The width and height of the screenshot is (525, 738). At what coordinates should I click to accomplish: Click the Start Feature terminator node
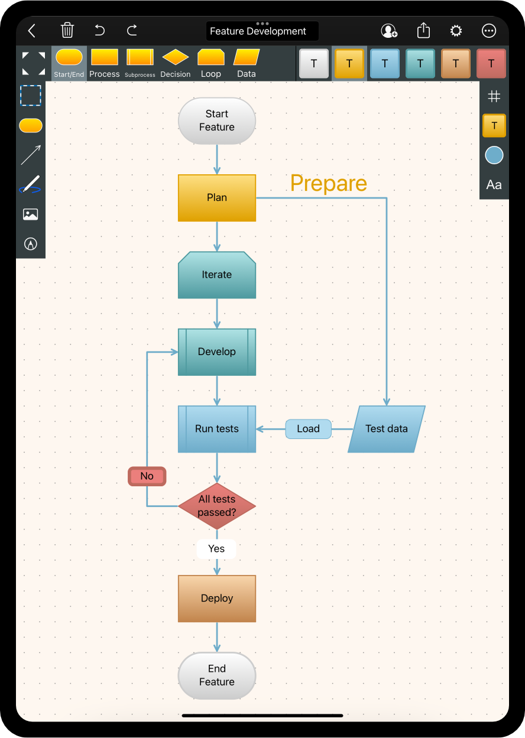(x=217, y=121)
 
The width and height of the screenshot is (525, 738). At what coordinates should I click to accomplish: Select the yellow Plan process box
(x=217, y=198)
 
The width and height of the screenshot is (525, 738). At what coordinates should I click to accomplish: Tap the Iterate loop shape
(x=217, y=275)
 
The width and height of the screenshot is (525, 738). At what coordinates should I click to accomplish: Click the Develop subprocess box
(x=217, y=352)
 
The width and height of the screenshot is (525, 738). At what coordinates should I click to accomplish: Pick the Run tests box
(x=217, y=429)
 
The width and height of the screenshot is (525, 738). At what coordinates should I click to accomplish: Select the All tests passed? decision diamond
(x=217, y=506)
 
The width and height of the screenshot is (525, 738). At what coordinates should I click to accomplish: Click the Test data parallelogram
(x=387, y=429)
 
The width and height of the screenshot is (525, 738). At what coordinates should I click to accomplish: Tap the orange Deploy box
(x=217, y=599)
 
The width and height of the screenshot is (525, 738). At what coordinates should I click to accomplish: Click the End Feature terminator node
(x=217, y=675)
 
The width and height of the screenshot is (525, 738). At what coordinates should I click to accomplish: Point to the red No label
(x=147, y=476)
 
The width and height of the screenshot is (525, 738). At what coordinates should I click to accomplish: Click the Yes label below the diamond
(x=216, y=549)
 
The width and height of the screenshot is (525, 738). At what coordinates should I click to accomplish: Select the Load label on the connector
(x=308, y=429)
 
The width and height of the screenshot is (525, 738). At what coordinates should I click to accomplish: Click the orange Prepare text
(x=329, y=183)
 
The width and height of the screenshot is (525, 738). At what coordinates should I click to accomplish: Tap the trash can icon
(x=67, y=30)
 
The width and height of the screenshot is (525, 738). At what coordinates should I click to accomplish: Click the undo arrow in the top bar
(x=100, y=30)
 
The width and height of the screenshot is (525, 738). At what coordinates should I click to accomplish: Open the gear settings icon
(x=456, y=31)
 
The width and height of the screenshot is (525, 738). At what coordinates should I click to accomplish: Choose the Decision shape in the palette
(x=176, y=63)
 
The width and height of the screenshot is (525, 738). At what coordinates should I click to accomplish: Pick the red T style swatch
(x=491, y=63)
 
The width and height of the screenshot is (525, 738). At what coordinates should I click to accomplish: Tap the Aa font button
(x=494, y=185)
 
